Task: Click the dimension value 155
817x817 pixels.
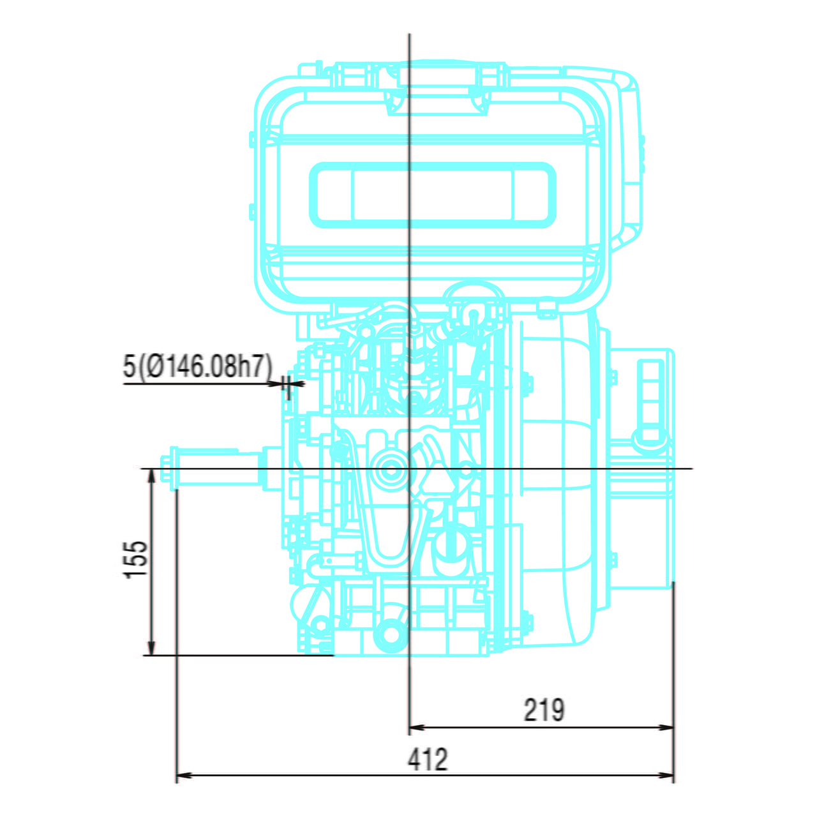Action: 136,560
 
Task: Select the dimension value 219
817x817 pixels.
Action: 544,710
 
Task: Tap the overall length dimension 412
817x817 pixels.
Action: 427,760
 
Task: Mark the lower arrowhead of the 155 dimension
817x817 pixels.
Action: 151,649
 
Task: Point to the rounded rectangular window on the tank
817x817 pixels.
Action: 432,195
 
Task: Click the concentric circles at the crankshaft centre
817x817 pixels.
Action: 390,470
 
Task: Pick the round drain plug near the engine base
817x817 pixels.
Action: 387,632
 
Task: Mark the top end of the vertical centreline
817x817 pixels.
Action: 409,36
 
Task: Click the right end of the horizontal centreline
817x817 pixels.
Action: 691,469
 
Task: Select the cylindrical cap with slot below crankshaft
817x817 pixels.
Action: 453,546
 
